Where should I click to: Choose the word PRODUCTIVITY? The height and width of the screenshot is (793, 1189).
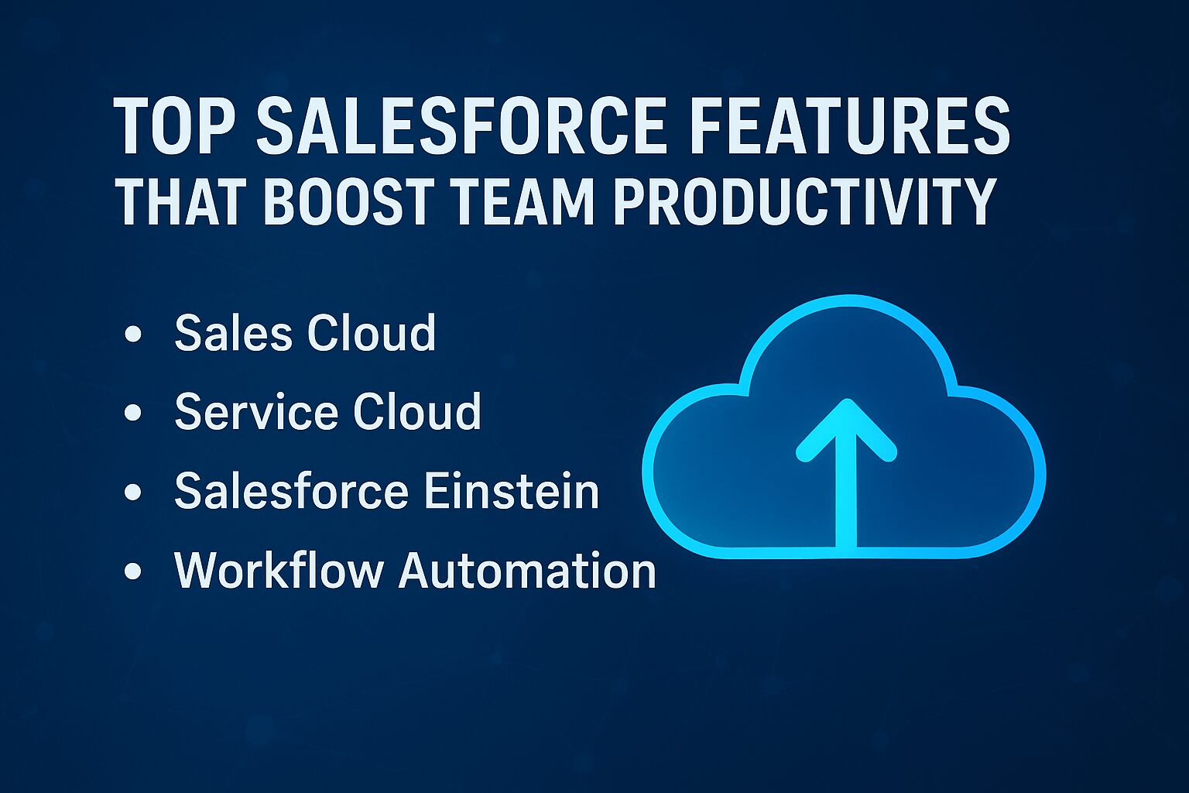(x=800, y=202)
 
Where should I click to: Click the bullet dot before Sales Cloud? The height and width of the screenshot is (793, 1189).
(x=132, y=335)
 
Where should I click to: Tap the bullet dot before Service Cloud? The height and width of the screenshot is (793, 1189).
(x=132, y=413)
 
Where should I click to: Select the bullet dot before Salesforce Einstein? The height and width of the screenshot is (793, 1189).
(x=132, y=492)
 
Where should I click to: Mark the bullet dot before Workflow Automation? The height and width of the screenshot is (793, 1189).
(x=132, y=571)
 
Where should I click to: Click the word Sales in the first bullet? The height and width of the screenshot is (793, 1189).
(x=234, y=332)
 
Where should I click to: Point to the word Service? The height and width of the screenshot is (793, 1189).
(x=256, y=411)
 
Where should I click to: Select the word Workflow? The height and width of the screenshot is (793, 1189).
(x=279, y=569)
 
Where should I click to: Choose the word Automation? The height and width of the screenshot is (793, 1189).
(x=527, y=571)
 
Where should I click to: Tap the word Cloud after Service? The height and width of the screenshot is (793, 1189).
(x=416, y=411)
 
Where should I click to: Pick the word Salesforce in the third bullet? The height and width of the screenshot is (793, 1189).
(x=291, y=490)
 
